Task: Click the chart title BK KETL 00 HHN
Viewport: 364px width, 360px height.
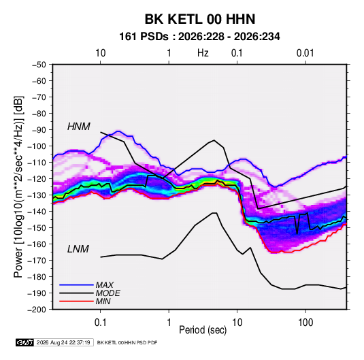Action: tap(200, 19)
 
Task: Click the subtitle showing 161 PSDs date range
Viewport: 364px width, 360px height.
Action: tap(199, 37)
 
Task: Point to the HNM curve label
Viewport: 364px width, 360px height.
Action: tap(79, 127)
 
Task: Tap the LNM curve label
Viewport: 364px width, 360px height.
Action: tap(78, 249)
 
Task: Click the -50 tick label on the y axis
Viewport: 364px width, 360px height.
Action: tap(39, 65)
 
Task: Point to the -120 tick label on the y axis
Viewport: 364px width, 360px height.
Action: tap(37, 179)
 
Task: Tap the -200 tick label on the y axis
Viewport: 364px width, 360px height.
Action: tap(37, 310)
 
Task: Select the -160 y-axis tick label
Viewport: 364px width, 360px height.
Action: tap(37, 244)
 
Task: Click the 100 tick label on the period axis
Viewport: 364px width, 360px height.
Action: tap(305, 323)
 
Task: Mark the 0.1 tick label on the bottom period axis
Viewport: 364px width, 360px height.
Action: tap(100, 323)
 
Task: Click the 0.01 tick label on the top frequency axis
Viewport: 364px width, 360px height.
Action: tap(305, 53)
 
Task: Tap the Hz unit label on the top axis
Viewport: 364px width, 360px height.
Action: tap(203, 53)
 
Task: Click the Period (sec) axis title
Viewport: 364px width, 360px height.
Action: tap(203, 330)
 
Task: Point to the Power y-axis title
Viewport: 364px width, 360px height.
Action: tap(18, 187)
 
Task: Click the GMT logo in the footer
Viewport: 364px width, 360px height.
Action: tap(25, 342)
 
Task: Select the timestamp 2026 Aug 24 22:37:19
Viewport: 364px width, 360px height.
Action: tap(63, 342)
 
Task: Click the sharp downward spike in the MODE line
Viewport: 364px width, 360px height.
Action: tap(297, 233)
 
